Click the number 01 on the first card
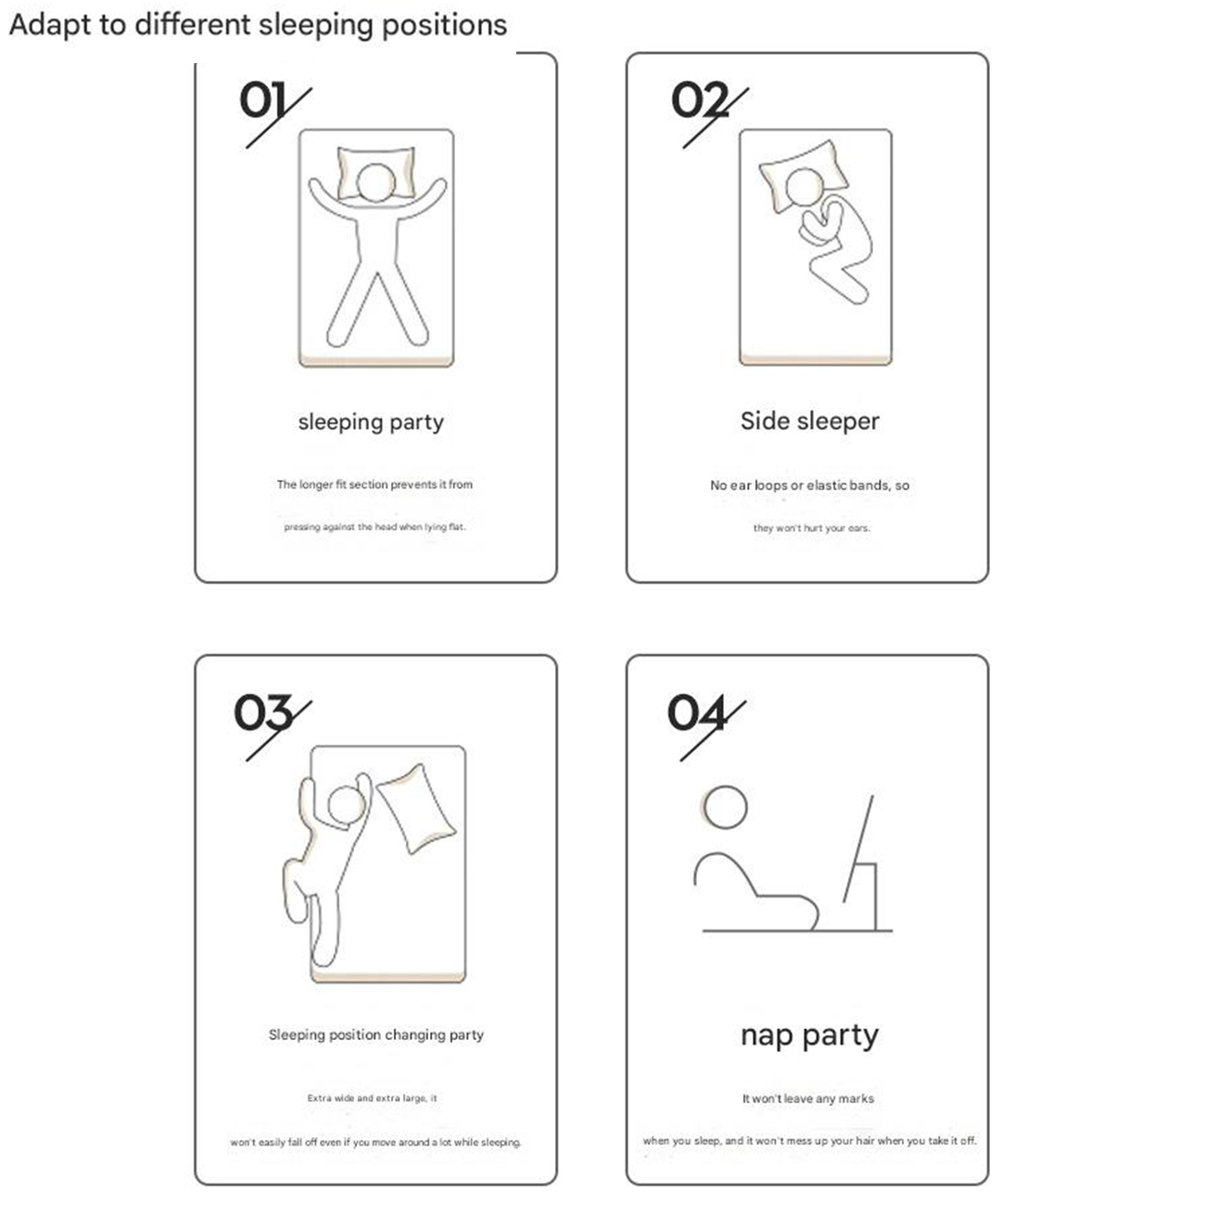[x=262, y=99]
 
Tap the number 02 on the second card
[x=700, y=99]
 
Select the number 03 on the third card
[x=263, y=712]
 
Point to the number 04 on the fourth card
[x=697, y=712]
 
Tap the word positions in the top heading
[x=444, y=26]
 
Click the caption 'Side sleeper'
[x=810, y=421]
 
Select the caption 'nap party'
[x=809, y=1035]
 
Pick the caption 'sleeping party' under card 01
[x=371, y=422]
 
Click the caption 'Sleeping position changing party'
[x=375, y=1035]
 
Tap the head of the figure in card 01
[x=375, y=182]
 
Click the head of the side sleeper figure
[x=805, y=187]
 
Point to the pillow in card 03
[x=416, y=807]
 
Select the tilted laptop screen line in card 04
[x=858, y=848]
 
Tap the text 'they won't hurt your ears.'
[x=811, y=527]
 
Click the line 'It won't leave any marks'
[x=808, y=1098]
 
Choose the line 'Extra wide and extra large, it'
[x=372, y=1098]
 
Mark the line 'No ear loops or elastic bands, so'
[x=810, y=486]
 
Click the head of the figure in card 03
[x=347, y=805]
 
